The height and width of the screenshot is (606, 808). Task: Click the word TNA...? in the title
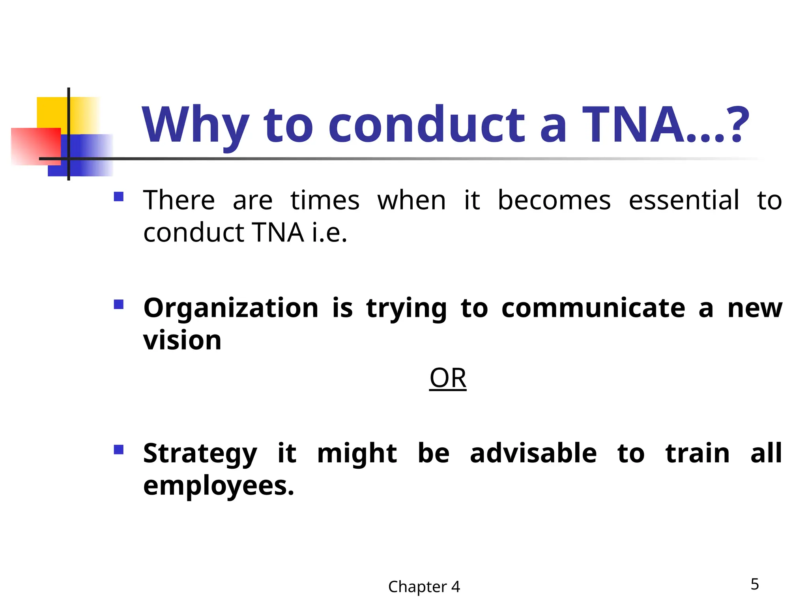tap(665, 125)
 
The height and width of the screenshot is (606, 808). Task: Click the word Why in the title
tap(196, 125)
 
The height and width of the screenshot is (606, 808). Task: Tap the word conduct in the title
tap(426, 125)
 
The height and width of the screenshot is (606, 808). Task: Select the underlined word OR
tap(448, 378)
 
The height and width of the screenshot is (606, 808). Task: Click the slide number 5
tap(754, 584)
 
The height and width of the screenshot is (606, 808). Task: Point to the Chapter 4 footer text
tap(424, 587)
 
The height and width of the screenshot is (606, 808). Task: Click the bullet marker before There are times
tap(118, 196)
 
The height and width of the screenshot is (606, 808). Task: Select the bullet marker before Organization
tap(118, 304)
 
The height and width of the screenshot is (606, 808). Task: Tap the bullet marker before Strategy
tap(118, 449)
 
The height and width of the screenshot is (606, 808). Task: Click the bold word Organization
tap(231, 308)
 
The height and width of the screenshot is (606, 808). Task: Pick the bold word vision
tap(182, 340)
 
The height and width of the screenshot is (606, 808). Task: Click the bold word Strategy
tap(200, 454)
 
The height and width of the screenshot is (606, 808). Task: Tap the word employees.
tap(218, 486)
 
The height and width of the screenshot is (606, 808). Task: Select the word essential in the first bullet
tap(684, 200)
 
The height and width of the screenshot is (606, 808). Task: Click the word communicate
tap(593, 308)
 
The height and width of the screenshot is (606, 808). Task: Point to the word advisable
tap(533, 454)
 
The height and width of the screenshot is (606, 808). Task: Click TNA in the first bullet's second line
tap(278, 233)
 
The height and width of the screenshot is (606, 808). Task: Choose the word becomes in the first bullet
tap(554, 200)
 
